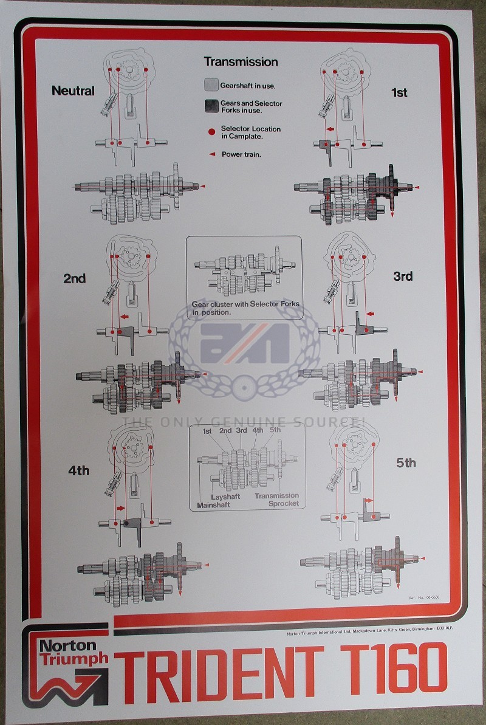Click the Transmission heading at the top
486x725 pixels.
[241, 62]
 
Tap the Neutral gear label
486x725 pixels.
[73, 91]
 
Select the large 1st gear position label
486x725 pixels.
[399, 92]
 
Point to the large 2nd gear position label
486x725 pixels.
[74, 279]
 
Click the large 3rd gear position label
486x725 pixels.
[402, 277]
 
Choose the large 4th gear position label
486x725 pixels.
[78, 470]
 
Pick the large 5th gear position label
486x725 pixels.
[406, 463]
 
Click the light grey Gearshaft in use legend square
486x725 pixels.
[211, 84]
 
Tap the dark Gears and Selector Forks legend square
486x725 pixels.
[211, 106]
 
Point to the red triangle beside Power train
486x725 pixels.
[212, 154]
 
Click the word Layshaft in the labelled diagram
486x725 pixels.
[225, 497]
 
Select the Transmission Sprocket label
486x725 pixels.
[276, 500]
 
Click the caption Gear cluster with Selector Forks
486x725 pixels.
[245, 308]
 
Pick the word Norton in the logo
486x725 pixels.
[67, 645]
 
